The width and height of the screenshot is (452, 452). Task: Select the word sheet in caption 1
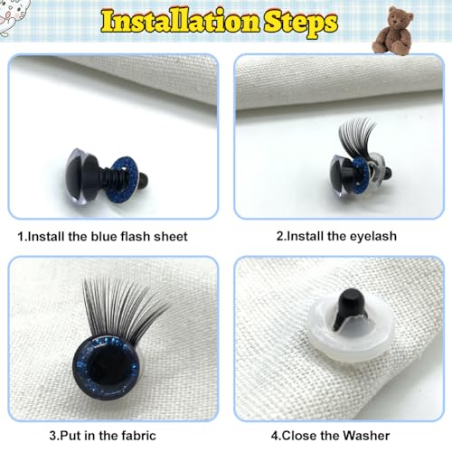coord(168,237)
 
